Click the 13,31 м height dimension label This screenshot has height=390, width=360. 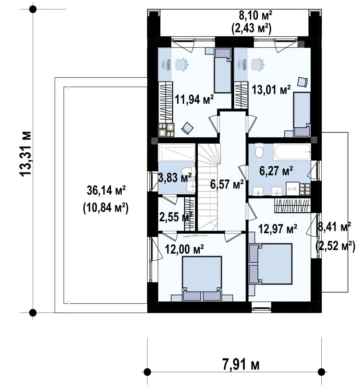[25, 153]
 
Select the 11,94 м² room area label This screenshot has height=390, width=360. [194, 99]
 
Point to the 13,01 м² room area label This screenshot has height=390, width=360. [271, 90]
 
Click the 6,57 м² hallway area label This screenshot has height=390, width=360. [227, 184]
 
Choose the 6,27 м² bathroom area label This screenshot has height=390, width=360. [276, 171]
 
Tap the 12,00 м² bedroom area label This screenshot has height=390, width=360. [184, 249]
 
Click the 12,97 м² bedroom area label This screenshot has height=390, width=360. [278, 229]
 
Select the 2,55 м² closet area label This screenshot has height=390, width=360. [176, 217]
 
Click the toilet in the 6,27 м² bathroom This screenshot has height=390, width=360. [259, 150]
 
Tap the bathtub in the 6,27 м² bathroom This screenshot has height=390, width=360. [292, 152]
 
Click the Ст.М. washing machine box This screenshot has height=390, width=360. [292, 189]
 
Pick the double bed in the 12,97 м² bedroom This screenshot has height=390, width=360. [271, 264]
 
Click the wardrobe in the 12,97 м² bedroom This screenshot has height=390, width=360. [292, 206]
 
